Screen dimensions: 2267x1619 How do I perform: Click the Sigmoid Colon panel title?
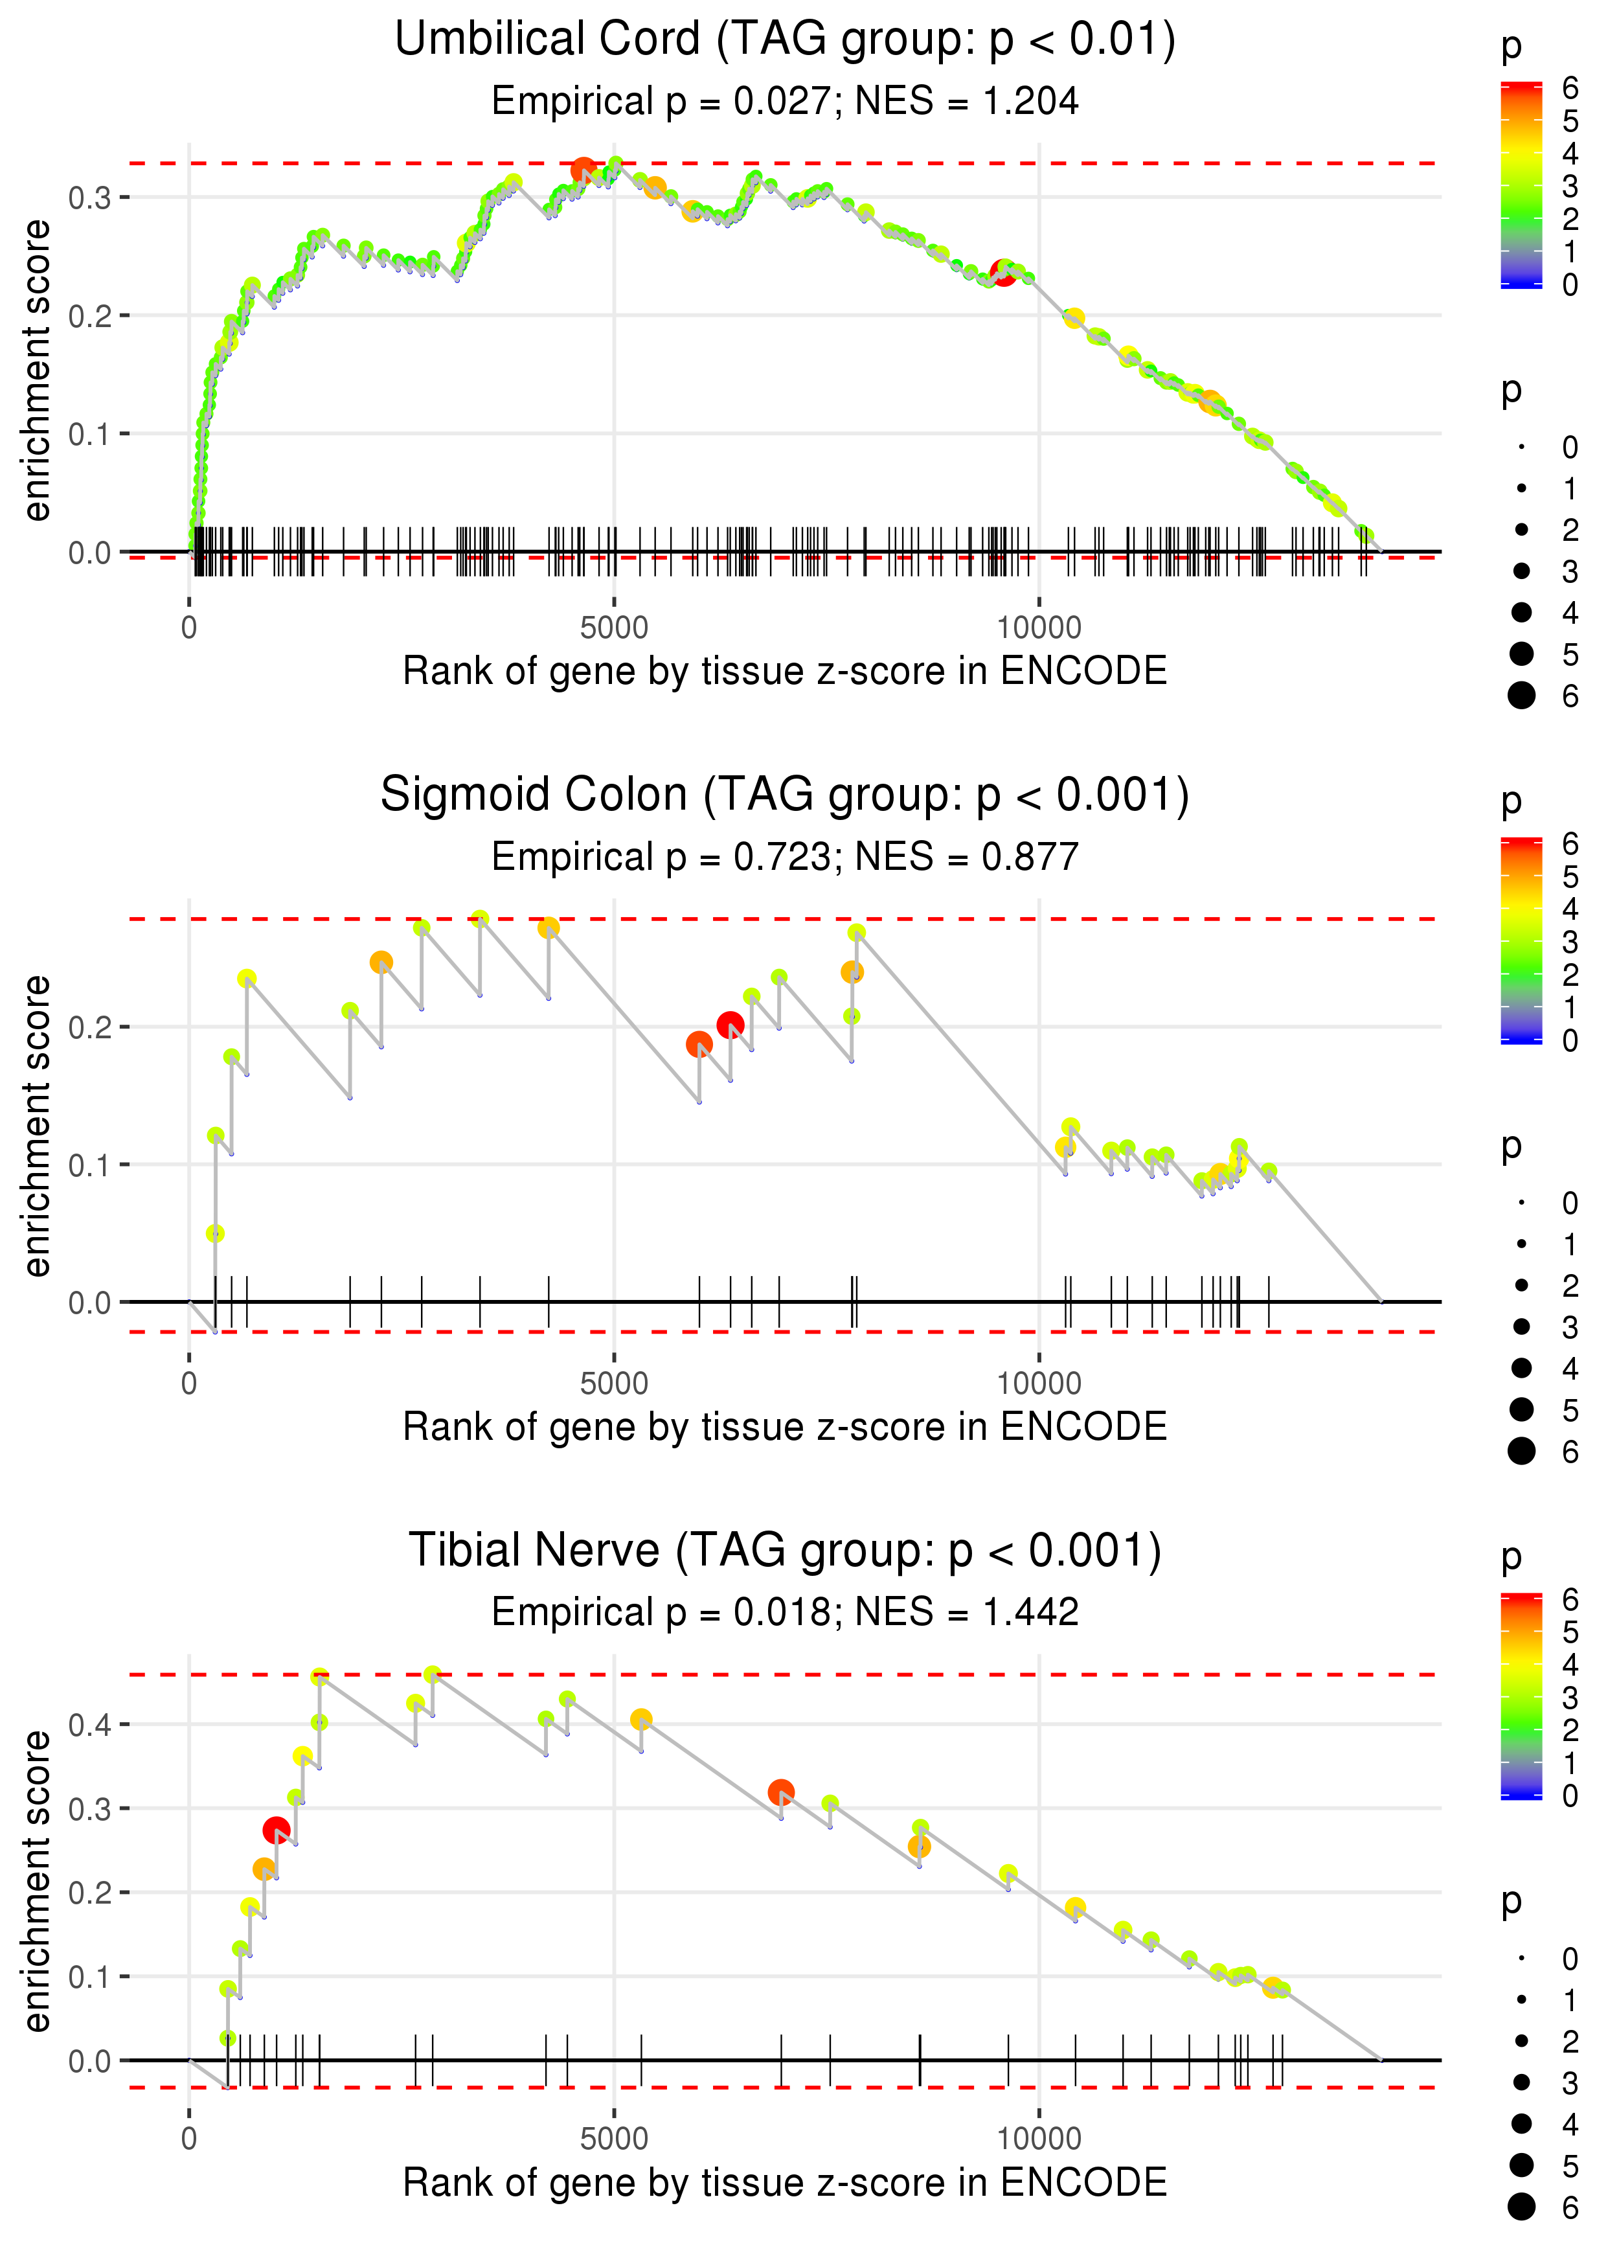(x=785, y=795)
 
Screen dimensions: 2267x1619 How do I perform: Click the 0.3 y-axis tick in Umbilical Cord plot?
(x=90, y=198)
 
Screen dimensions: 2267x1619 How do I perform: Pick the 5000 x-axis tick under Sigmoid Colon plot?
(x=614, y=1384)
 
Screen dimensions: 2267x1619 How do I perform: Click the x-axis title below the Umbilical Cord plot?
(x=785, y=672)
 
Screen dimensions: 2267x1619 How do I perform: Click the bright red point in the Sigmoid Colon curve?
(x=730, y=1025)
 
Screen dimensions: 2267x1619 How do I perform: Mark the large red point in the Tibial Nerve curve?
(x=276, y=1830)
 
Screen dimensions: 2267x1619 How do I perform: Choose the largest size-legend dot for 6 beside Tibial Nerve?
(x=1521, y=2207)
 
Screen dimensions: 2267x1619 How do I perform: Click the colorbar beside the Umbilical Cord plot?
(x=1521, y=185)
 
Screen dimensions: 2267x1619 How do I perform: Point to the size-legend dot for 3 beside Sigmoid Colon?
(x=1521, y=1327)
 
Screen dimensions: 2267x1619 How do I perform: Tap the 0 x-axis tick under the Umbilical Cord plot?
(x=189, y=628)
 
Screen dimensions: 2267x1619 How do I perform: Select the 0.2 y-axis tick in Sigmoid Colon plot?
(x=90, y=1027)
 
